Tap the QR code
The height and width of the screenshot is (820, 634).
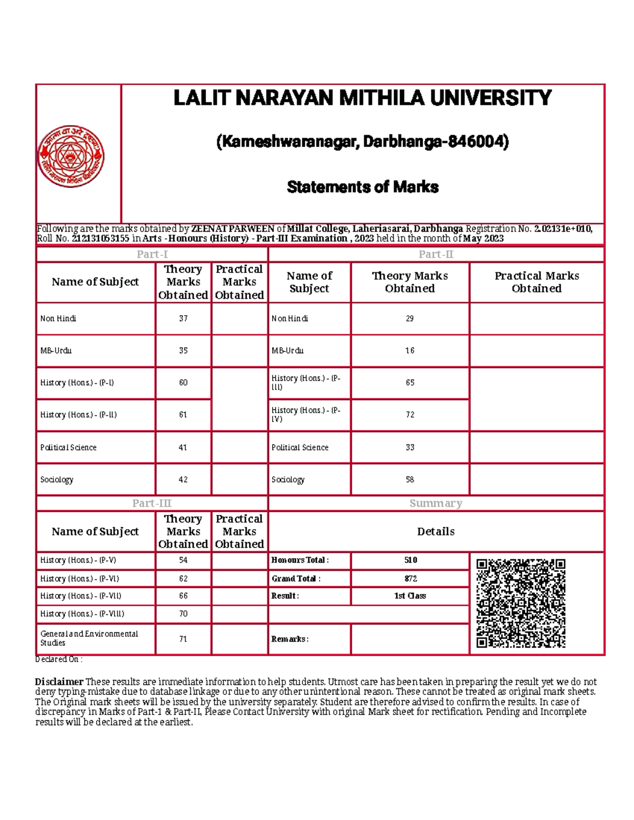(520, 602)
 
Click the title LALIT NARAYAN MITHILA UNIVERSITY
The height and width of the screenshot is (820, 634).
(362, 98)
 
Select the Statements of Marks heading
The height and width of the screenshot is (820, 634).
(362, 187)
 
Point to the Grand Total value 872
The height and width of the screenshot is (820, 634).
(410, 578)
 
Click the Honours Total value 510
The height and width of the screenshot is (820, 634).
(410, 560)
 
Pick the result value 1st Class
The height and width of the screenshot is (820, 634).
(410, 596)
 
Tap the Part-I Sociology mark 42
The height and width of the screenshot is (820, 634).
(183, 479)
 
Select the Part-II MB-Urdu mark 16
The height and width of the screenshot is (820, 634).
(409, 351)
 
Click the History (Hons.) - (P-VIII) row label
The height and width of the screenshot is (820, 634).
(82, 614)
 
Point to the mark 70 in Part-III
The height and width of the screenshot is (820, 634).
(183, 614)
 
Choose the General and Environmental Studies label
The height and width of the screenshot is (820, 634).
(89, 638)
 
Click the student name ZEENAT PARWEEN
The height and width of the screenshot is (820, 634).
(232, 229)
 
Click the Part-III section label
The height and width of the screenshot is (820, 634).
(152, 503)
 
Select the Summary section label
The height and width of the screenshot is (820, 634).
(436, 503)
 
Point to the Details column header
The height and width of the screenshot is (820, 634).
(436, 531)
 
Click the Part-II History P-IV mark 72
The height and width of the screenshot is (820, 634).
(409, 415)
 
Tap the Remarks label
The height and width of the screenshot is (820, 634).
(290, 639)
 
